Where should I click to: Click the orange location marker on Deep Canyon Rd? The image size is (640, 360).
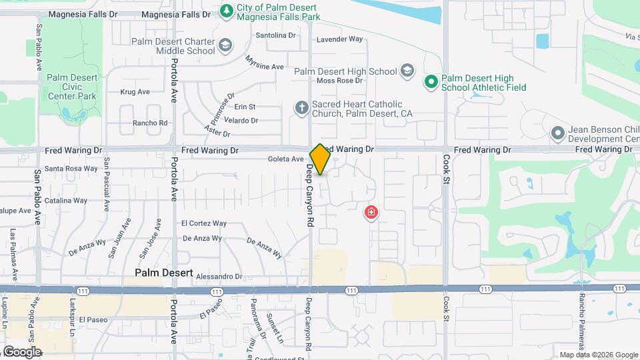(x=320, y=159)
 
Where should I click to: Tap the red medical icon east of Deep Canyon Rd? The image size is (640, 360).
(x=371, y=213)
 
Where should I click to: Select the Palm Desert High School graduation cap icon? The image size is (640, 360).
(x=407, y=71)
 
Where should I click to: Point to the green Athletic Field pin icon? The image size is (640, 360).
(x=431, y=82)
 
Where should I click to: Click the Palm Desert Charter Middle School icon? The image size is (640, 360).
(x=225, y=45)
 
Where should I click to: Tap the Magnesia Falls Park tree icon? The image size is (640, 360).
(x=227, y=11)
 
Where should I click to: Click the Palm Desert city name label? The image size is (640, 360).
(x=163, y=273)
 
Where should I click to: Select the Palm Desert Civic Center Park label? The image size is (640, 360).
(x=71, y=87)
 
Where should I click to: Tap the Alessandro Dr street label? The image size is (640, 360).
(x=219, y=276)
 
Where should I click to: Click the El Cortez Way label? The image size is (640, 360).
(x=204, y=223)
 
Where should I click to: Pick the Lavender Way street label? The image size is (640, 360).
(x=339, y=39)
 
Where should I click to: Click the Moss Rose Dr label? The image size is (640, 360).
(x=339, y=81)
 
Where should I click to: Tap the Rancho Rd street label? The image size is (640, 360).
(x=149, y=123)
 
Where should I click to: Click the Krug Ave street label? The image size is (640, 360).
(x=135, y=92)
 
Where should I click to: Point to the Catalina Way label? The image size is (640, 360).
(x=66, y=201)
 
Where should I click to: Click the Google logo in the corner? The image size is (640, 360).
(x=21, y=352)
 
